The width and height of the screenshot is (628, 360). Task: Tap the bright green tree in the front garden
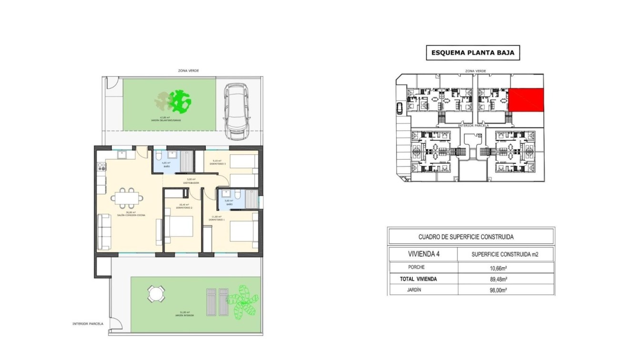180,101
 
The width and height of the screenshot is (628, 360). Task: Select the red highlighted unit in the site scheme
526,100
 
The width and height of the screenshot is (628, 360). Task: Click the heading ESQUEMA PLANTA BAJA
472,53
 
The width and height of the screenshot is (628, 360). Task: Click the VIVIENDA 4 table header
424,254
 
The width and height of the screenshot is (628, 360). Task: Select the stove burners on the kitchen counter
101,167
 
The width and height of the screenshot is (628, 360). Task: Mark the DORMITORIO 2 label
184,208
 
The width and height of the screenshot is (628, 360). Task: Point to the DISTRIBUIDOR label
191,183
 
